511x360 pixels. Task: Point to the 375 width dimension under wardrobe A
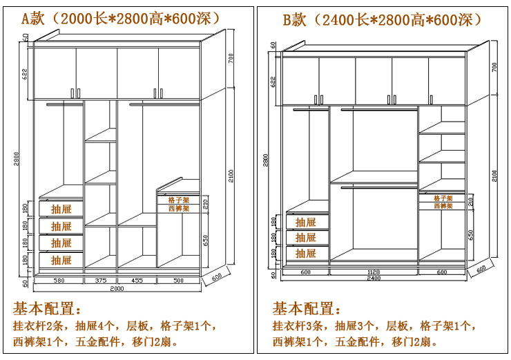[100, 281]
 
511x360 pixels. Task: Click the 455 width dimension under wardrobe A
[137, 281]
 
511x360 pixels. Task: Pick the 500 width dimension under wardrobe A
[178, 281]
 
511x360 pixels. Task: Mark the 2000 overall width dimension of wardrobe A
[117, 288]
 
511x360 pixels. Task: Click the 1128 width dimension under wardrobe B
[374, 272]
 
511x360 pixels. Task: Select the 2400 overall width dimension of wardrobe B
[374, 278]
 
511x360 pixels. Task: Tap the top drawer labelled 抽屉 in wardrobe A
[61, 209]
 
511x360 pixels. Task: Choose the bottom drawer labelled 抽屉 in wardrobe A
[61, 260]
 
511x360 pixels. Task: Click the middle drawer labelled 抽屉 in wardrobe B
[306, 238]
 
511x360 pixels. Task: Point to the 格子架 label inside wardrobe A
[178, 200]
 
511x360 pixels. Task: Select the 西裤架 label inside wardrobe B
[443, 206]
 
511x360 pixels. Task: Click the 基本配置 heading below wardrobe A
[47, 308]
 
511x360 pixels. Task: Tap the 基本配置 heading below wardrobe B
[307, 308]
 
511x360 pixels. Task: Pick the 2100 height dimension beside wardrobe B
[494, 176]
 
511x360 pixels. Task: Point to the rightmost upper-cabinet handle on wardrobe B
[430, 99]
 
